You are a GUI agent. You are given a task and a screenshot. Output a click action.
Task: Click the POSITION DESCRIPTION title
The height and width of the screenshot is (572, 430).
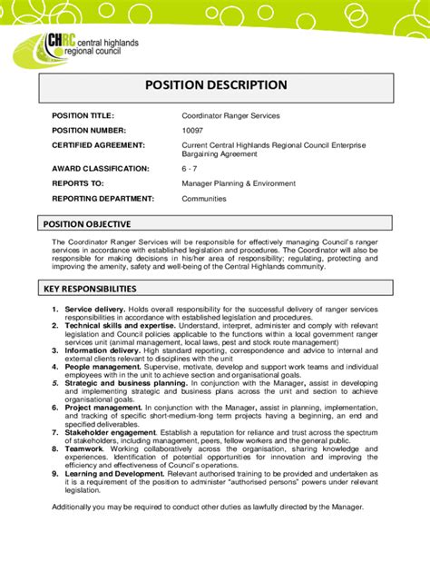(216, 85)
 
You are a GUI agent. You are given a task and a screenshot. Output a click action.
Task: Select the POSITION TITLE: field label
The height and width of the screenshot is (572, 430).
(83, 116)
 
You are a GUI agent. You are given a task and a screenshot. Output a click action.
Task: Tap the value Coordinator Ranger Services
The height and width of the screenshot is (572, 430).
(230, 116)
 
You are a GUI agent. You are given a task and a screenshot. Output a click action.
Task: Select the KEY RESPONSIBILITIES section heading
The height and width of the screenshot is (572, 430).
(91, 289)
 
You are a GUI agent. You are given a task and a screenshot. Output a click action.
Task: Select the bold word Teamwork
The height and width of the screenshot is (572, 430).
(85, 448)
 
